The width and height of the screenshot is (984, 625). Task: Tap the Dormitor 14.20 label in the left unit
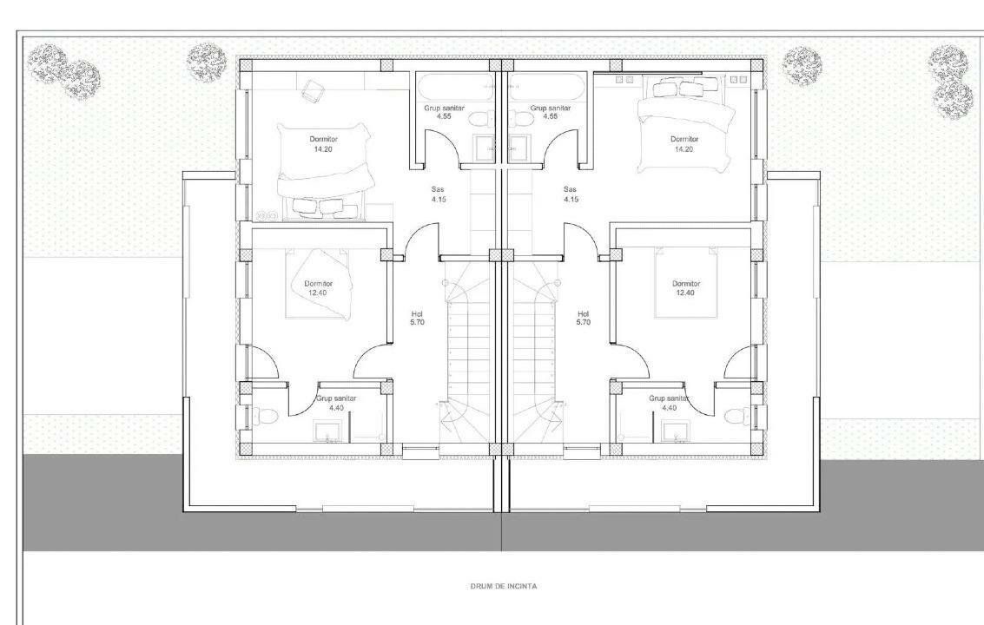[x=323, y=144]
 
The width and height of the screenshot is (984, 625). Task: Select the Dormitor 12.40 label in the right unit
[x=686, y=288]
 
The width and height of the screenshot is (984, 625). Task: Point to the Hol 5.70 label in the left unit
[x=417, y=318]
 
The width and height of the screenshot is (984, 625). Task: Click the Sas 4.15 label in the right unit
[x=570, y=194]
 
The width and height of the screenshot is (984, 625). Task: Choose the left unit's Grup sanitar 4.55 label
[x=444, y=112]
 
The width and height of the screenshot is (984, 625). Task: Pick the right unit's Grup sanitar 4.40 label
[x=669, y=403]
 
